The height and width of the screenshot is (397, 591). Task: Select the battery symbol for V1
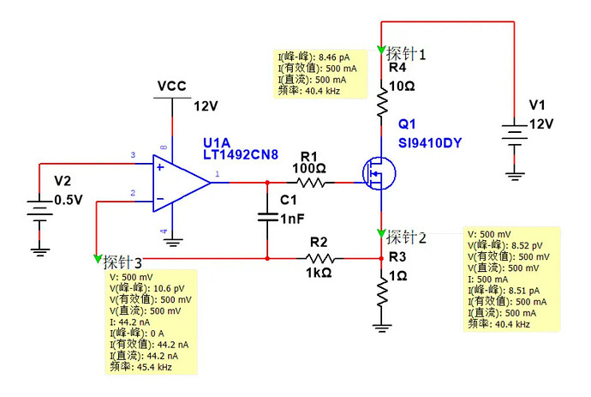click(514, 136)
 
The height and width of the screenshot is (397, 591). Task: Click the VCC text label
click(172, 87)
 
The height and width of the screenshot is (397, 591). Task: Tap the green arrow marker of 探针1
click(381, 49)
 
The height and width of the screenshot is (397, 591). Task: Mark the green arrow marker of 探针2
click(381, 234)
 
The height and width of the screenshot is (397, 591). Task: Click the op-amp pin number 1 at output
click(217, 174)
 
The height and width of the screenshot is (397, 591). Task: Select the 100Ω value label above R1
click(307, 169)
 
